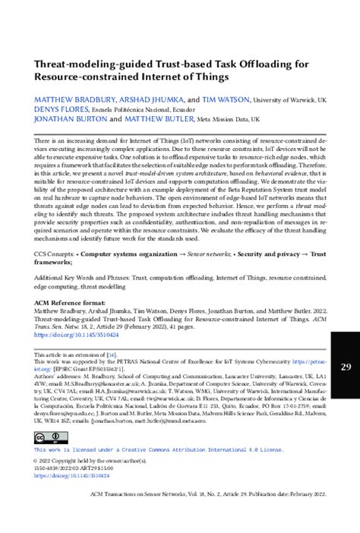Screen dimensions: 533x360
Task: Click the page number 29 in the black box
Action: coord(346,367)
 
